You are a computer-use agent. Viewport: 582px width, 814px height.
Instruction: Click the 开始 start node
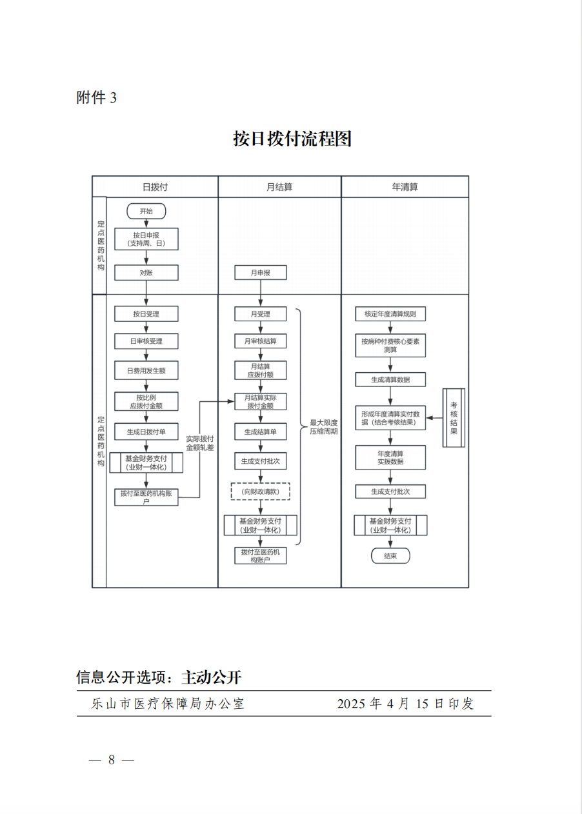pos(146,211)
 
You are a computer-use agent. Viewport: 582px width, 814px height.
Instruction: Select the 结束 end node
pos(390,555)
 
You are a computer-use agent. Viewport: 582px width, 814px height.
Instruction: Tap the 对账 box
pos(146,273)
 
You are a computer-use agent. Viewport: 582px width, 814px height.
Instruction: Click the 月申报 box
pos(260,273)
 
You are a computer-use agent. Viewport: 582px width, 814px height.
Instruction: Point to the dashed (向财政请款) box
pos(260,491)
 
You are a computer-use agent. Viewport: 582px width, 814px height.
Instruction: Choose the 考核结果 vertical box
pos(454,418)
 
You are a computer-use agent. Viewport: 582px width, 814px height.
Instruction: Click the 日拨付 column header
pos(156,187)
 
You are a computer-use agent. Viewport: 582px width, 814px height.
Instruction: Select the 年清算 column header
pos(405,187)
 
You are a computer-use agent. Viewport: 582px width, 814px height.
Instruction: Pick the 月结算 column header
pos(279,187)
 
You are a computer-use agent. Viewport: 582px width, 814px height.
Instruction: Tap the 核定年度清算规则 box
pos(390,314)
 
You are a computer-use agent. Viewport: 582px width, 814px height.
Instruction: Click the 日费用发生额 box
pos(146,370)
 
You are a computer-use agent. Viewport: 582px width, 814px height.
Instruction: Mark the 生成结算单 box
pos(260,432)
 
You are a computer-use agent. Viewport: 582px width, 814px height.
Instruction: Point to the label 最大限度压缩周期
pos(323,427)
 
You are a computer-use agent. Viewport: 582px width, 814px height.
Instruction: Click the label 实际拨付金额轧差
pos(200,443)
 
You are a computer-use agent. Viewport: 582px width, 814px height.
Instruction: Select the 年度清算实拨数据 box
pos(390,457)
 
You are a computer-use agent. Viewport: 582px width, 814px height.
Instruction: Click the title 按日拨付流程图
pos(292,139)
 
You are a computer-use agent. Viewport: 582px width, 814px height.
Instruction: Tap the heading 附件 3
pos(96,97)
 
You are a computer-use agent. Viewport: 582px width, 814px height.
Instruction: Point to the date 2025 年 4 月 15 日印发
pos(405,704)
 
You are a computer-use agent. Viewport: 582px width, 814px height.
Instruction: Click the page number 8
pos(112,760)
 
